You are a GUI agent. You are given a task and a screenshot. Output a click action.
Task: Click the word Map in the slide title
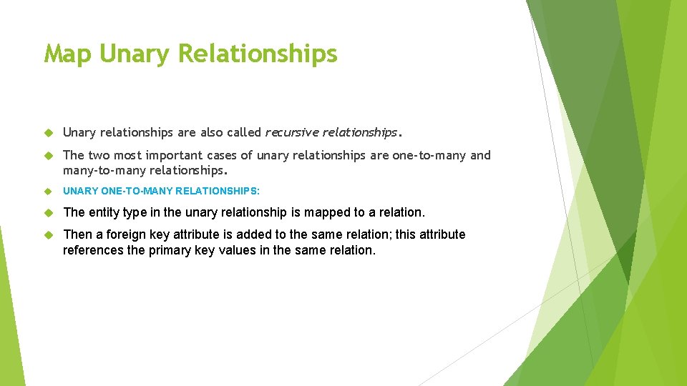[x=68, y=54]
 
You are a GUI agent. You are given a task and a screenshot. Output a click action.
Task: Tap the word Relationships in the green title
[x=257, y=54]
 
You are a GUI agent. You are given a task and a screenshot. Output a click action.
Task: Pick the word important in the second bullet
[x=176, y=155]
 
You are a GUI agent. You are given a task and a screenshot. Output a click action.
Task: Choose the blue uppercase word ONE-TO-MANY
[x=129, y=192]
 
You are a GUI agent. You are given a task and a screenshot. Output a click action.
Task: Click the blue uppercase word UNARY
[x=79, y=192]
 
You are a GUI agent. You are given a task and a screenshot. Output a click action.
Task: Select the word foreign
[x=122, y=234]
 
